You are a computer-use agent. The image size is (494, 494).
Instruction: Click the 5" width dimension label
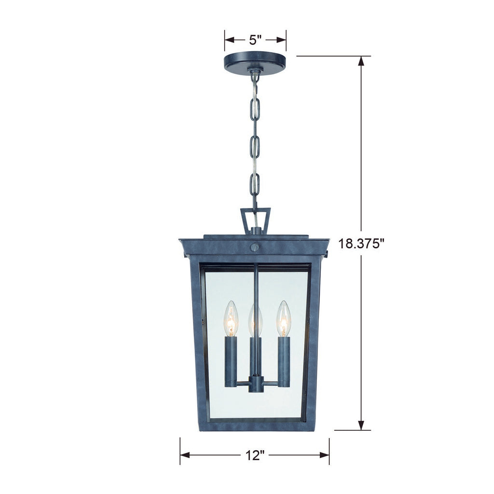(255, 40)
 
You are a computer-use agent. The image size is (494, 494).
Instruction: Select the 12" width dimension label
(255, 454)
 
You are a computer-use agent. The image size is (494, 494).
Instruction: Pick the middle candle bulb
(255, 321)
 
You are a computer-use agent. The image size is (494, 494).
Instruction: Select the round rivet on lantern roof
(255, 247)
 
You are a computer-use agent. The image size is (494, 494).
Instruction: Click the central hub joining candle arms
(255, 384)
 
